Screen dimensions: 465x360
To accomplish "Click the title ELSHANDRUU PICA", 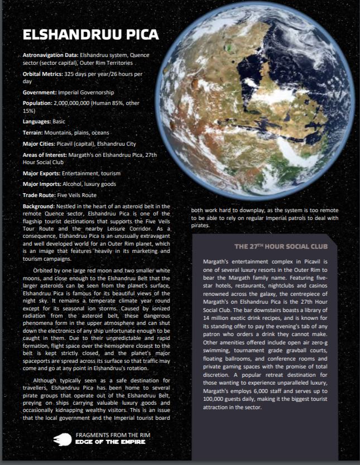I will tap(90, 36).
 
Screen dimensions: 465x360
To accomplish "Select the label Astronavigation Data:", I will tap(50, 56).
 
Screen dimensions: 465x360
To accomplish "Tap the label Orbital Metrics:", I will tap(42, 74).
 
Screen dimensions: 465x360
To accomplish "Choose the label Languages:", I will tap(36, 121).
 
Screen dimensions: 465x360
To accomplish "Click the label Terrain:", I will tap(33, 133).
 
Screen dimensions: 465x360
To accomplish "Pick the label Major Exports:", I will tap(41, 174).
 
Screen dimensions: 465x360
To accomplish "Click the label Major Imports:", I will tap(42, 184).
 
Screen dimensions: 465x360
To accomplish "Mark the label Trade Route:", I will tap(39, 195).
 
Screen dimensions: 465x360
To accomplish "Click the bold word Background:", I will tap(39, 207).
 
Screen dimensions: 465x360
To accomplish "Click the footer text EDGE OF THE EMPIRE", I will tap(110, 442).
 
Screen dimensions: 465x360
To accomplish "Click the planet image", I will tap(262, 98).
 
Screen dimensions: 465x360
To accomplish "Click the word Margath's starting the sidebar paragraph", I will tap(217, 261).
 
